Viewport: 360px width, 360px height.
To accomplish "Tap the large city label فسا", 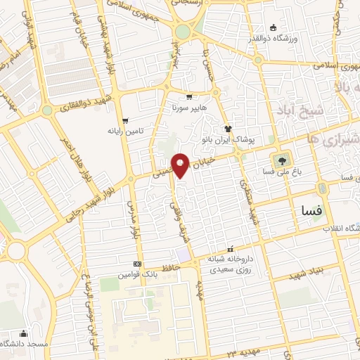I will click(309, 210).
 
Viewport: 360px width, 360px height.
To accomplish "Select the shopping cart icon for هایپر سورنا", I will click(189, 97).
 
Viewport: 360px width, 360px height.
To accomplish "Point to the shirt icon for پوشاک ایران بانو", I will click(229, 128).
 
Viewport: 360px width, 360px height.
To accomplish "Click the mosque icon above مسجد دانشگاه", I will click(25, 333).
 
